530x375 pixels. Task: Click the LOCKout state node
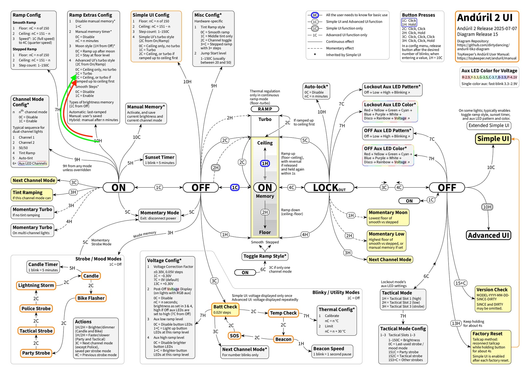pyautogui.click(x=329, y=187)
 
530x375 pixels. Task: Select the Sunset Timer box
pyautogui.click(x=160, y=160)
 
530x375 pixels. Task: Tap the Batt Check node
pyautogui.click(x=225, y=309)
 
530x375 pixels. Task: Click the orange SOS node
pyautogui.click(x=234, y=336)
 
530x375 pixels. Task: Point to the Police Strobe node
pyautogui.click(x=36, y=308)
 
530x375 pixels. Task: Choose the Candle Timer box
pyautogui.click(x=43, y=267)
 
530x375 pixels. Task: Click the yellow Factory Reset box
pyautogui.click(x=491, y=347)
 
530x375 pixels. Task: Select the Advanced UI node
pyautogui.click(x=488, y=235)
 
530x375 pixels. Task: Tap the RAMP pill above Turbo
pyautogui.click(x=265, y=109)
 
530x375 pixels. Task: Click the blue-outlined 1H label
pyautogui.click(x=265, y=163)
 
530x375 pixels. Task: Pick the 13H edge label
pyautogui.click(x=456, y=323)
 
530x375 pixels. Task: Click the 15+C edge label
pyautogui.click(x=461, y=283)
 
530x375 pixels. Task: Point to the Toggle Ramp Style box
pyautogui.click(x=265, y=256)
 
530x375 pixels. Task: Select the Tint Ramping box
pyautogui.click(x=32, y=195)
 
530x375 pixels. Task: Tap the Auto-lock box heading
pyautogui.click(x=316, y=86)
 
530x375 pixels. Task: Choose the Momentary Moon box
pyautogui.click(x=388, y=217)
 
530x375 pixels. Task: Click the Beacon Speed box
pyautogui.click(x=332, y=351)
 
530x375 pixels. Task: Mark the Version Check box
pyautogui.click(x=493, y=299)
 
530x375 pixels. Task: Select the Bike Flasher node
pyautogui.click(x=91, y=298)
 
